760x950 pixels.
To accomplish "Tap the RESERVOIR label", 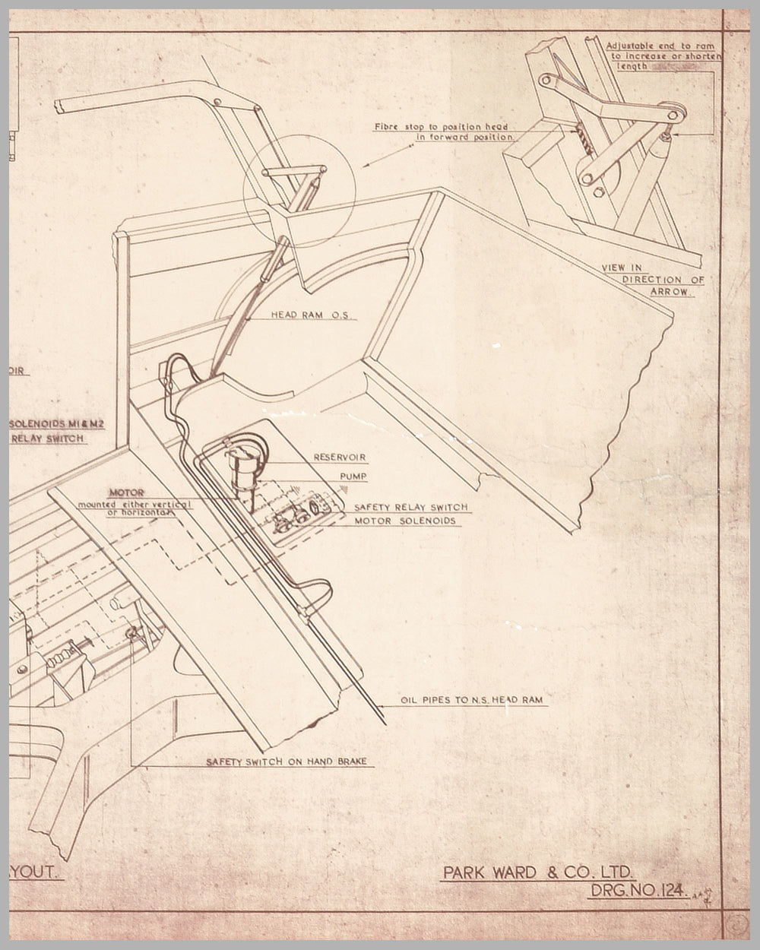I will coord(340,458).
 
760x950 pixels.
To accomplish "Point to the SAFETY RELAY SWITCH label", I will coord(410,507).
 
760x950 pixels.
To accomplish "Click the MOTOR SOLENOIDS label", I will coord(405,521).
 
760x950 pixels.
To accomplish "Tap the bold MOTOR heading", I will coord(126,492).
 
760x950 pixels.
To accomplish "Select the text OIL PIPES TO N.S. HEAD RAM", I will coord(471,699).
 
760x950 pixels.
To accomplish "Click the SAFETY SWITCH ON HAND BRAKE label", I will coord(290,761).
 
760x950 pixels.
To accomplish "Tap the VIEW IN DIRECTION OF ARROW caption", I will coord(654,279).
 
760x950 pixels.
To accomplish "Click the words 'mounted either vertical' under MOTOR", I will coord(138,504).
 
